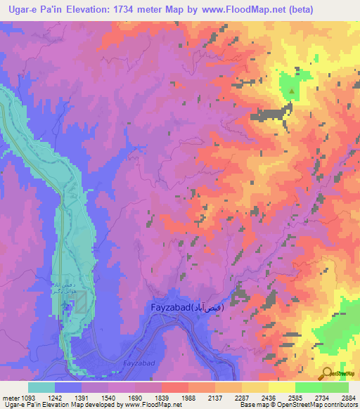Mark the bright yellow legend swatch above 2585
tap(281, 387)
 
